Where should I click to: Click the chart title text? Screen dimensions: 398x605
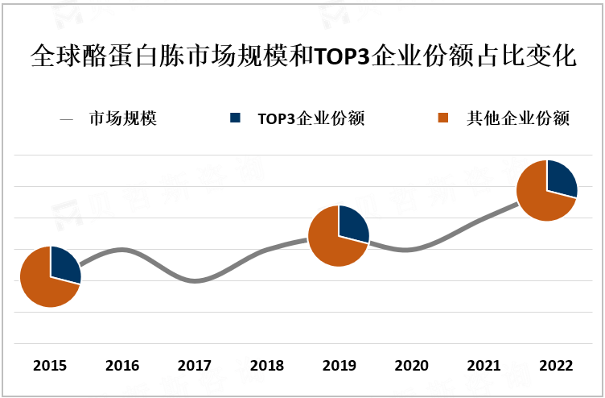click(302, 57)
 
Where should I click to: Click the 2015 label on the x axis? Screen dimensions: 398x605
click(50, 366)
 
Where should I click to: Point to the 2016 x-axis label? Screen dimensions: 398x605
click(122, 366)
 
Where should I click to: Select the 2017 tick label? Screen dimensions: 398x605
click(194, 366)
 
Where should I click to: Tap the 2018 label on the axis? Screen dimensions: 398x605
click(266, 366)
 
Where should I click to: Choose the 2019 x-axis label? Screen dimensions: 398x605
click(339, 366)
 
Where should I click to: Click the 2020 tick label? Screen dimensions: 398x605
click(411, 366)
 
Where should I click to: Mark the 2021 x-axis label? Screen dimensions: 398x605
click(483, 366)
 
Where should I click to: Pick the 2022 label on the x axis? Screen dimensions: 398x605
click(555, 366)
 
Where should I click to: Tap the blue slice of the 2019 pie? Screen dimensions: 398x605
click(352, 225)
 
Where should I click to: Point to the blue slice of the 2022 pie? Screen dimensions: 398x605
click(561, 180)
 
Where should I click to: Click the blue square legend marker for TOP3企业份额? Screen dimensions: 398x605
click(235, 118)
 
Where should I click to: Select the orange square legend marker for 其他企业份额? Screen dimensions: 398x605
click(442, 118)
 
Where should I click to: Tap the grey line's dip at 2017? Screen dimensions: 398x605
click(194, 281)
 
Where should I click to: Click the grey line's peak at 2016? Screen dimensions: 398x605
click(122, 250)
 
